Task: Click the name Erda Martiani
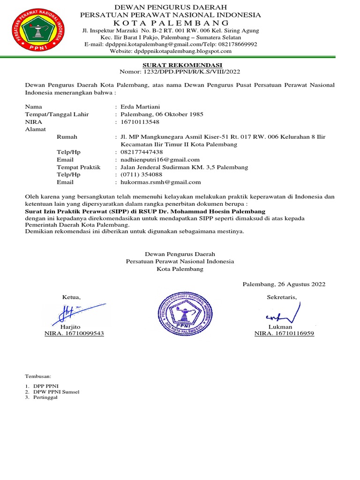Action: click(x=140, y=106)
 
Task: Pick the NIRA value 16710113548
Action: click(x=140, y=121)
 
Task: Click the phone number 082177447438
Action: click(x=142, y=152)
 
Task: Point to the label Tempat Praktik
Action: click(x=78, y=167)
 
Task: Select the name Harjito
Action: click(x=71, y=326)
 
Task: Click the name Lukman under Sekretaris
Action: click(x=280, y=326)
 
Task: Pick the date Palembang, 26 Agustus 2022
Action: click(x=284, y=284)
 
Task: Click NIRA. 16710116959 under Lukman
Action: click(x=284, y=333)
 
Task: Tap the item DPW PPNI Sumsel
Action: click(x=53, y=391)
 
